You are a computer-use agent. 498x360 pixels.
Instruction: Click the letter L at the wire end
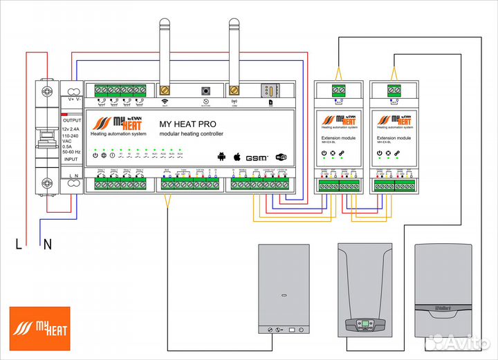[19, 243]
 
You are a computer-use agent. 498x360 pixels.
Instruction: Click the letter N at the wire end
[48, 243]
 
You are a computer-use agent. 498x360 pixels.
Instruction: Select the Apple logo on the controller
[237, 155]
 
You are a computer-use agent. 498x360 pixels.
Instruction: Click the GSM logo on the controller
[258, 156]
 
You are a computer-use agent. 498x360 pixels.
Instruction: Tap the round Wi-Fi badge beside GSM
[281, 156]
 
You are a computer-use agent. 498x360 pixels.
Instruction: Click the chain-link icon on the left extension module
[342, 153]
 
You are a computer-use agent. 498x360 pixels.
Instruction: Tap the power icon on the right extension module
[379, 153]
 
